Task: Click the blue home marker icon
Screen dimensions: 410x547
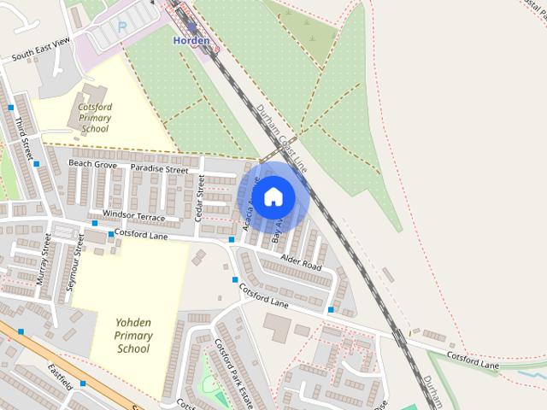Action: [273, 196]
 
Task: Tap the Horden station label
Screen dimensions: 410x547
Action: [191, 40]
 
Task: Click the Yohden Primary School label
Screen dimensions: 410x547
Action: [133, 335]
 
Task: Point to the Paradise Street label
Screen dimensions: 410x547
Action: [159, 170]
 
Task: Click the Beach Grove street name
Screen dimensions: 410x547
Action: [92, 163]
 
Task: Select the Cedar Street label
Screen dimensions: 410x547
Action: [200, 198]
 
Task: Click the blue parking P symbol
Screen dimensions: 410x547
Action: [121, 26]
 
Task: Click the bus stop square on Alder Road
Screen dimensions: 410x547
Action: [331, 309]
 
